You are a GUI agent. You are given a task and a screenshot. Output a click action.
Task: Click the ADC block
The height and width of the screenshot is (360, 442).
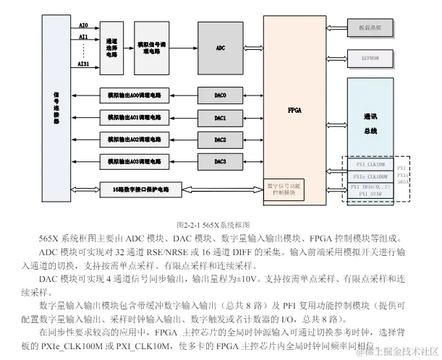point(221,48)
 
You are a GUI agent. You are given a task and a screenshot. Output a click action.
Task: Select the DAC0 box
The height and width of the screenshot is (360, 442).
point(221,95)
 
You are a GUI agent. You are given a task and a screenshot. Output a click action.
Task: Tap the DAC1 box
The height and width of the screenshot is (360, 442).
point(221,117)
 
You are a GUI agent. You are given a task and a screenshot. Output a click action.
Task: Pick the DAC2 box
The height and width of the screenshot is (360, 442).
point(221,139)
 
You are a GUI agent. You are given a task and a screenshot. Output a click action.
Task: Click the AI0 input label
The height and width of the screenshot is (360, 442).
point(83,25)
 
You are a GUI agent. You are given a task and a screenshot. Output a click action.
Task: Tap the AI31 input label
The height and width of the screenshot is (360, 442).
point(83,64)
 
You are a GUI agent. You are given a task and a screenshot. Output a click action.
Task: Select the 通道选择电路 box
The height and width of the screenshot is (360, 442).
point(112,48)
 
